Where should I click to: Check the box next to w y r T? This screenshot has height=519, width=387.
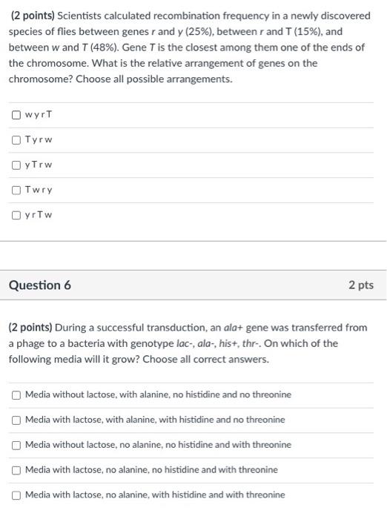(16, 115)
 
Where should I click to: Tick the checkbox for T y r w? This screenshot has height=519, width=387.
(16, 140)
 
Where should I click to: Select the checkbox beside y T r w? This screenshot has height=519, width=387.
(16, 165)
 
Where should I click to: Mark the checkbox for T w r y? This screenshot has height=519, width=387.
(16, 190)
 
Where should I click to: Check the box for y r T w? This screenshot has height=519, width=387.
(16, 215)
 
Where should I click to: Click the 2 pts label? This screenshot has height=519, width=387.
(361, 285)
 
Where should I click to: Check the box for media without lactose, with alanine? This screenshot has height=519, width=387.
(16, 394)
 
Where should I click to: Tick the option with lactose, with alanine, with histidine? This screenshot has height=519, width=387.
(16, 420)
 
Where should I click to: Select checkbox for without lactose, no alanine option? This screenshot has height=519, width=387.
(16, 445)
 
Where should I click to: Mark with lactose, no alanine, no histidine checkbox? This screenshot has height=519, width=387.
(16, 469)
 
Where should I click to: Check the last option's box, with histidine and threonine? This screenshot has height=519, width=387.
(16, 495)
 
